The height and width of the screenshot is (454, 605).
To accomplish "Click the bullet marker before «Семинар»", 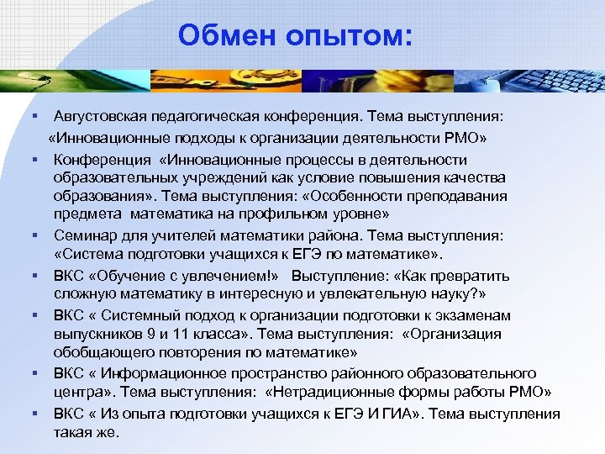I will pyautogui.click(x=38, y=236).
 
